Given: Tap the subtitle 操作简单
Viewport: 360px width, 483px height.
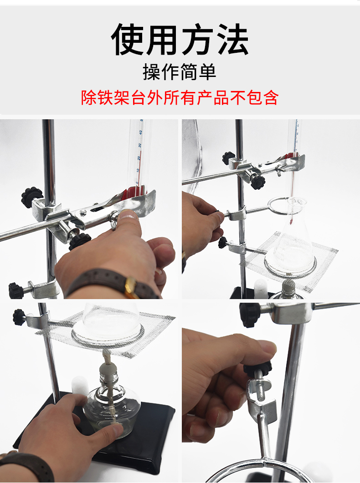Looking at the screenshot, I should (x=180, y=72).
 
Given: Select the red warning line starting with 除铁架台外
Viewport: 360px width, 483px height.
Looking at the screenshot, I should (x=180, y=97).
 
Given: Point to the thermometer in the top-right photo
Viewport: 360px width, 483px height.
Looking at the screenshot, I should (x=293, y=150).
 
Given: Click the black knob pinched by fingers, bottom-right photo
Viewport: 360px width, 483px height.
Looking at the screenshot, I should (x=257, y=368).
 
